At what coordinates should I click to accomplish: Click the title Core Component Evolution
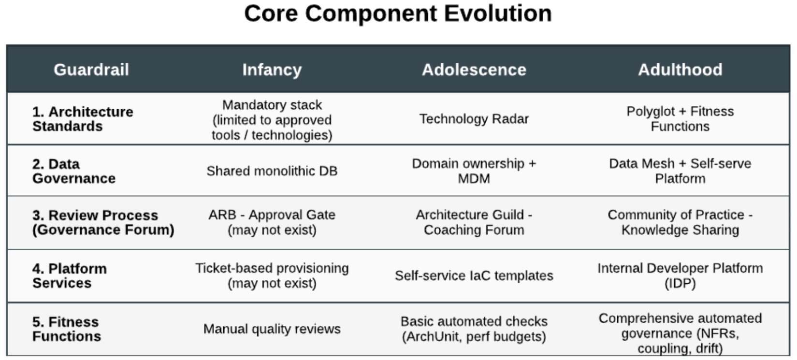[398, 14]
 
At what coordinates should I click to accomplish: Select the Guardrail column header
[91, 70]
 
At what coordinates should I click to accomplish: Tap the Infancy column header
[272, 70]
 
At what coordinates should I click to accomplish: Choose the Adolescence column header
[474, 70]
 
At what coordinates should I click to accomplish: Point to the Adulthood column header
[680, 70]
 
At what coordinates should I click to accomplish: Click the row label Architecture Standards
[83, 119]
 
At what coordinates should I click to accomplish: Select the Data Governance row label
[73, 171]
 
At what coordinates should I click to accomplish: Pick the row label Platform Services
[70, 276]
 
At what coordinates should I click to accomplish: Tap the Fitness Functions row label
[67, 329]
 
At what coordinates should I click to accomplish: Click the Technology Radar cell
[474, 119]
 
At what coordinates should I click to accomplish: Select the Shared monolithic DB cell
[272, 171]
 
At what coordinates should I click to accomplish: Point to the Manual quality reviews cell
[272, 329]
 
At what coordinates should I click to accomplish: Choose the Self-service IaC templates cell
[474, 276]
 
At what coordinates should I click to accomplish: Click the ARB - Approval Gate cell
[272, 222]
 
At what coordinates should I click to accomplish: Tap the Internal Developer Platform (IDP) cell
[680, 276]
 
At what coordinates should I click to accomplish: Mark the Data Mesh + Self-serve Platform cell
[680, 171]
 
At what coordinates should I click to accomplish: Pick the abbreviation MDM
[474, 179]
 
